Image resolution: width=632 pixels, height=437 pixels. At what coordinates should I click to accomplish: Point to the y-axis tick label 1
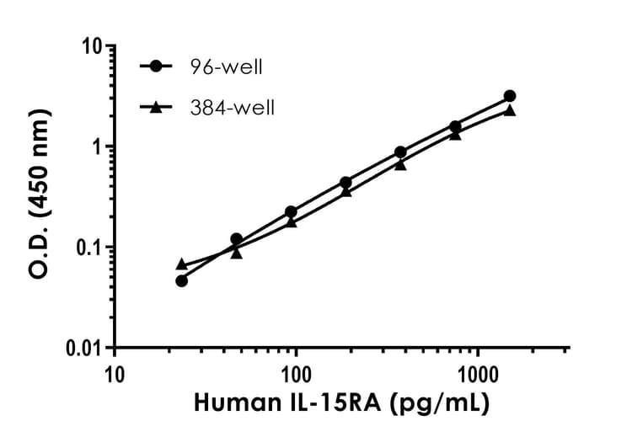97,147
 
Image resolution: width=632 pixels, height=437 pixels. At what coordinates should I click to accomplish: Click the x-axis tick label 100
296,372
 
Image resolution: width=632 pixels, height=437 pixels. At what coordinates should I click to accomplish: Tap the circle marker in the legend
156,66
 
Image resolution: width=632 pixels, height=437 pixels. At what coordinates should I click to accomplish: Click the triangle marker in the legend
156,107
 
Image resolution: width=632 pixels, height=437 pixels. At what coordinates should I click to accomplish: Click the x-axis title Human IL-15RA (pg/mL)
341,405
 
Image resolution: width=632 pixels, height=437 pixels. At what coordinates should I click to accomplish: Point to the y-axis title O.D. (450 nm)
38,196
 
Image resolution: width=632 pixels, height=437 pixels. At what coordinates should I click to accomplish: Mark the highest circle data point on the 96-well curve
510,96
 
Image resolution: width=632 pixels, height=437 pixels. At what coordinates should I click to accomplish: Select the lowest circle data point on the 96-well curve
181,280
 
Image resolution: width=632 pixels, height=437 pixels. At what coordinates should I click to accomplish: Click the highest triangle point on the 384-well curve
510,110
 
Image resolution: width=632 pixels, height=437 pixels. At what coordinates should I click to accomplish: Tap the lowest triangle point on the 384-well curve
181,264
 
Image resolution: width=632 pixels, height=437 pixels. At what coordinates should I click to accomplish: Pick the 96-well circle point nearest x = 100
291,211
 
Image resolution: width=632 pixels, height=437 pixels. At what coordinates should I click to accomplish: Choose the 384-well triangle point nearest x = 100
291,221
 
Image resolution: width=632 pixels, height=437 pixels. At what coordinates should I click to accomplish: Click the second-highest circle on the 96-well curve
455,126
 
